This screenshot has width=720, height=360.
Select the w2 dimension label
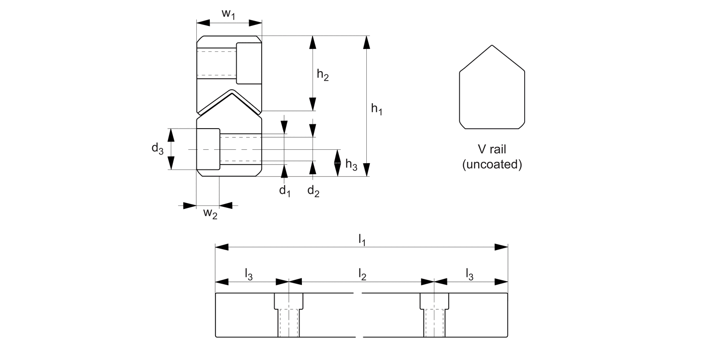[210, 213]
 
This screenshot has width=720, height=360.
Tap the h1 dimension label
[377, 110]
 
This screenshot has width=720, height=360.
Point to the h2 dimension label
[323, 75]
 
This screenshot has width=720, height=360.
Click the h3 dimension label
[351, 165]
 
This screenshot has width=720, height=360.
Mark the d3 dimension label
[157, 149]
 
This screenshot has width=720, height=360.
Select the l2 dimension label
[362, 274]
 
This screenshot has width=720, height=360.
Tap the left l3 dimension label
[249, 274]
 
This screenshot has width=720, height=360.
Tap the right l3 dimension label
[470, 274]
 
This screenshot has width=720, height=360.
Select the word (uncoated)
[492, 165]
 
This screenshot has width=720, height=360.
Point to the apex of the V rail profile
[492, 46]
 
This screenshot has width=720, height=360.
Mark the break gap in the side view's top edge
[358, 293]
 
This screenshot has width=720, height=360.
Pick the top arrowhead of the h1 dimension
[367, 42]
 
